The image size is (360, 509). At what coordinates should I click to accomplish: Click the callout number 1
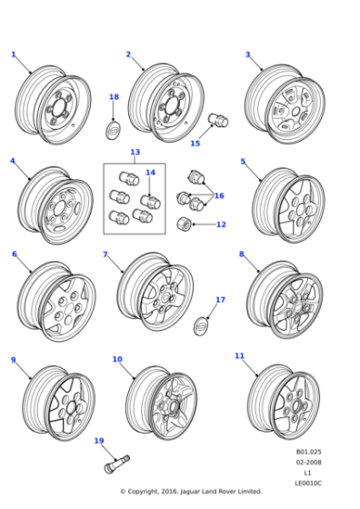tap(13, 55)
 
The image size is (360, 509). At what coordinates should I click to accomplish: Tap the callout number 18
tap(114, 97)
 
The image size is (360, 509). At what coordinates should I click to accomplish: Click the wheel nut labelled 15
tap(217, 120)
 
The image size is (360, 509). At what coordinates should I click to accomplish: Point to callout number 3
tap(247, 55)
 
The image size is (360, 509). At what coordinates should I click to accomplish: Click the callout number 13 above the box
tap(135, 152)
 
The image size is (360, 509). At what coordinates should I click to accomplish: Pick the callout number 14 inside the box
tap(150, 172)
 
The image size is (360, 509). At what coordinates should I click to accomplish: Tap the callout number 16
tap(219, 195)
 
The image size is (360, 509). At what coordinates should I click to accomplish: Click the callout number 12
tap(221, 225)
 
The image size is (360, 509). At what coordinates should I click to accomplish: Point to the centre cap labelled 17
tap(200, 324)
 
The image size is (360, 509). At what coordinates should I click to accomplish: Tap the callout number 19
tap(98, 441)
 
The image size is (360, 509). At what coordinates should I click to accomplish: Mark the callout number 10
tap(117, 359)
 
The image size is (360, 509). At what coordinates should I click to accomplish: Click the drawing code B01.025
tap(308, 452)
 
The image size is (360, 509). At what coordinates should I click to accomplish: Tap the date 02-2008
tap(308, 463)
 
